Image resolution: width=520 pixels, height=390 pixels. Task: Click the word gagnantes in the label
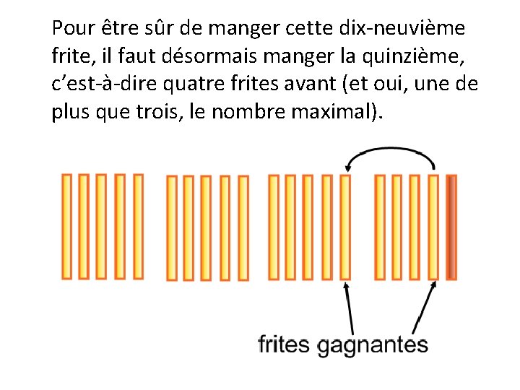coord(373,344)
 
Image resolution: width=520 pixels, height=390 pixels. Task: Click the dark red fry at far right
coord(451,227)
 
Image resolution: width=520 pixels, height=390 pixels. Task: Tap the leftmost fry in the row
coord(66,226)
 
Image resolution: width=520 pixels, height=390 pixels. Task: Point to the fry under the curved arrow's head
coord(345,227)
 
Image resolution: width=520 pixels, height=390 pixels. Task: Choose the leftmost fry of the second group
coord(171,227)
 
